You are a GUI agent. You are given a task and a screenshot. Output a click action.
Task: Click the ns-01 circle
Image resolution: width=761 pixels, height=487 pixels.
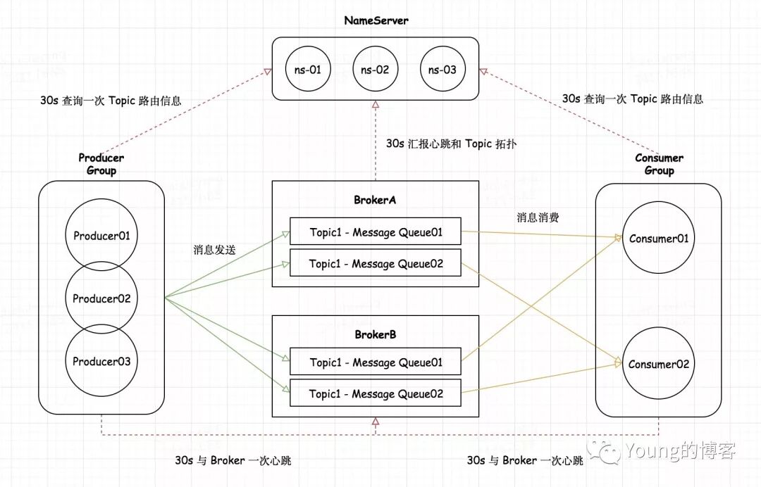pos(307,70)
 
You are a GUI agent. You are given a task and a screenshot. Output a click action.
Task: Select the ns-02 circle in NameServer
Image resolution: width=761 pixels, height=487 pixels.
pos(375,70)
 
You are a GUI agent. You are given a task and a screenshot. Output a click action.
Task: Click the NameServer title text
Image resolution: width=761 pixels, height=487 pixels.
pos(376,20)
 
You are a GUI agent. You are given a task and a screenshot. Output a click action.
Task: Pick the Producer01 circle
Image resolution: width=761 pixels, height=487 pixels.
pos(101,236)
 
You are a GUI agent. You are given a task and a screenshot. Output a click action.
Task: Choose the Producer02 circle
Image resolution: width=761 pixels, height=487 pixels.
pos(101,298)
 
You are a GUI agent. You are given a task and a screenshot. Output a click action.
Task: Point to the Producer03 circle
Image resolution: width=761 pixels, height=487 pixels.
pos(101,361)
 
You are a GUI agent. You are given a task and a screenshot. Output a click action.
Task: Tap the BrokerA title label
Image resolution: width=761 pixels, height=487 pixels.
pos(375,200)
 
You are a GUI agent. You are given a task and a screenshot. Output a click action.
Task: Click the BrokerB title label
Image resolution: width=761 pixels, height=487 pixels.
pos(375,334)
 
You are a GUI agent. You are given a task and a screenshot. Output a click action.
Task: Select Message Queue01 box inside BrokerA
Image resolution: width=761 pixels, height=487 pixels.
pos(376,232)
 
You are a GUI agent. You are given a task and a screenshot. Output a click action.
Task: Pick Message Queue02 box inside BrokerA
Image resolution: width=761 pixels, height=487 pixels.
pos(376,264)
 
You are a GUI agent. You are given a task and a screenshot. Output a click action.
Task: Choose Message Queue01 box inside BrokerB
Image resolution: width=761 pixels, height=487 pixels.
pos(376,362)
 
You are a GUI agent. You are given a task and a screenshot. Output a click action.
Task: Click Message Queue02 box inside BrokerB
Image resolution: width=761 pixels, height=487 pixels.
pos(376,393)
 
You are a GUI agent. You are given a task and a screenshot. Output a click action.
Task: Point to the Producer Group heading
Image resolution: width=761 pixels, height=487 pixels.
pos(101,164)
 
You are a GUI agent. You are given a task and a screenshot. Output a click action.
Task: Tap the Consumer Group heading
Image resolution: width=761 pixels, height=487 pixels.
pos(659,164)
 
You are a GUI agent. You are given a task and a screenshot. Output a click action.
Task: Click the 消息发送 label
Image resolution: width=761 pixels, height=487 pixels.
pos(215,250)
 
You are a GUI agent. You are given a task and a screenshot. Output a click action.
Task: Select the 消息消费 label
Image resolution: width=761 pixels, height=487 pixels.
pos(538,217)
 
